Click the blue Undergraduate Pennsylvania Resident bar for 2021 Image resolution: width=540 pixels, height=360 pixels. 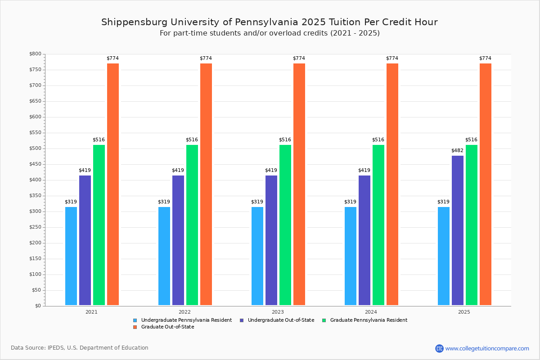tap(71, 256)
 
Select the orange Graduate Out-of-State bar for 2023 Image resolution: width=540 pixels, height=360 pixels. tap(299, 184)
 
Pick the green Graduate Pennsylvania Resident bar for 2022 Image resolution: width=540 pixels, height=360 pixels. tap(192, 225)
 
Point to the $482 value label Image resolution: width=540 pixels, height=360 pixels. tap(458, 150)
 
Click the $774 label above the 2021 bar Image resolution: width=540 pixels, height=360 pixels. tap(113, 58)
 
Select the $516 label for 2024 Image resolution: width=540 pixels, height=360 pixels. tap(378, 140)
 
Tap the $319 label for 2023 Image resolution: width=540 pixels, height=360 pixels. tap(257, 202)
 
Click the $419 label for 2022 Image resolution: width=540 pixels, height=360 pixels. tap(178, 171)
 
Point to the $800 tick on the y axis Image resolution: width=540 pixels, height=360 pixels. tap(36, 54)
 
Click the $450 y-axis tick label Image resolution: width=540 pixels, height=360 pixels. tap(36, 164)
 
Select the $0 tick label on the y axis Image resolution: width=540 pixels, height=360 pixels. tap(38, 306)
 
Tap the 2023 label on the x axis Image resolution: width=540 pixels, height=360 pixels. tap(278, 312)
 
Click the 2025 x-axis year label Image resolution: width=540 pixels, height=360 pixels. tap(464, 312)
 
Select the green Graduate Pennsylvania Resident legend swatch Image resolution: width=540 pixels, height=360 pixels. tap(324, 320)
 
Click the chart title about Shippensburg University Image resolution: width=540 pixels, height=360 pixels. tap(270, 22)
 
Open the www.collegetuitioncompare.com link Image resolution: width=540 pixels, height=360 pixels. tap(487, 348)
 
